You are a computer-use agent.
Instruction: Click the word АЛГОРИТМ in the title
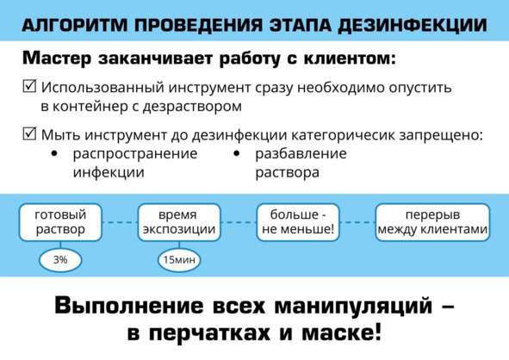(75, 25)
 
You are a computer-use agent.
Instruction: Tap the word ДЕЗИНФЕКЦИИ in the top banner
(413, 26)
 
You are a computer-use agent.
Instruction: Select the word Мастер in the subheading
(57, 59)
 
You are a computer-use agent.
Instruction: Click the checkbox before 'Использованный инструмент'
(29, 86)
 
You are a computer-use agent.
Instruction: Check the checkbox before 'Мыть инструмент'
(29, 133)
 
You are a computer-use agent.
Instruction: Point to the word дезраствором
(192, 107)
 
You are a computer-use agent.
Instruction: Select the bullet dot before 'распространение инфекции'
(54, 153)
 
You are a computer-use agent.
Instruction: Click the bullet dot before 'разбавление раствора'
(237, 153)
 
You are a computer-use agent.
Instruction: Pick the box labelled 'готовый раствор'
(60, 222)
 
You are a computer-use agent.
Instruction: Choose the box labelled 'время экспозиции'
(179, 222)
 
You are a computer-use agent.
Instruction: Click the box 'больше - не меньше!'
(298, 222)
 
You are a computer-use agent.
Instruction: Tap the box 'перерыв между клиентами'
(432, 222)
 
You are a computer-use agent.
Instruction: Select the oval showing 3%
(60, 260)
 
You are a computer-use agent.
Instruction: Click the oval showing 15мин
(179, 260)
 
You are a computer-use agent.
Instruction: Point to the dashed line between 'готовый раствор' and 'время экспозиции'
(120, 222)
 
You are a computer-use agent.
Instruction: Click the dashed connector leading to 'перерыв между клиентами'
(357, 222)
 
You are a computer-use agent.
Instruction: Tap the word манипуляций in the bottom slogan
(353, 307)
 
